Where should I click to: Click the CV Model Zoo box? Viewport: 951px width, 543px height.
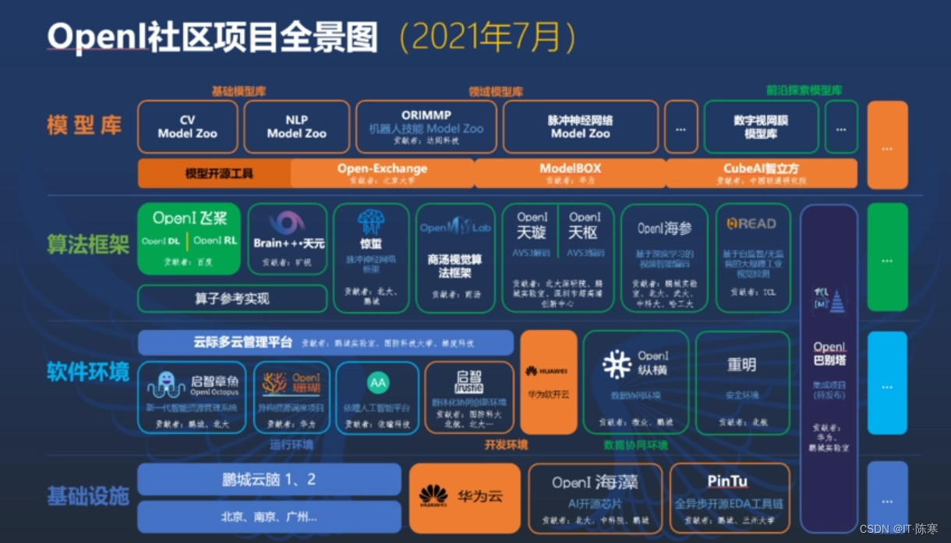click(x=187, y=126)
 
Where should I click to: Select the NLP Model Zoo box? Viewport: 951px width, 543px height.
click(x=296, y=126)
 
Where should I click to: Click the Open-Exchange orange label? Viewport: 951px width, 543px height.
click(x=382, y=169)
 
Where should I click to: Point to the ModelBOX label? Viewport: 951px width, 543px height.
click(x=570, y=169)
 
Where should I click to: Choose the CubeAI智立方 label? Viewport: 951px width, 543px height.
click(x=761, y=169)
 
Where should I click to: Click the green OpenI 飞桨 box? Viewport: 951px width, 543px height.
click(x=189, y=238)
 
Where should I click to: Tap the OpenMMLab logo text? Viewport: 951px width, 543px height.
click(x=455, y=228)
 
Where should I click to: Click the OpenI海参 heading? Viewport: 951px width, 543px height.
click(x=664, y=228)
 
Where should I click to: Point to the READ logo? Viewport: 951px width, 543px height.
click(x=751, y=224)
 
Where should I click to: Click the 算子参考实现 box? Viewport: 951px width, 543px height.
click(x=232, y=298)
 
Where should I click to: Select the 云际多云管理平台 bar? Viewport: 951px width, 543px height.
click(x=325, y=342)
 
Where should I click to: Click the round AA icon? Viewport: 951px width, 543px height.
click(x=377, y=383)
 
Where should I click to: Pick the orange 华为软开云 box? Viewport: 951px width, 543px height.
click(x=548, y=382)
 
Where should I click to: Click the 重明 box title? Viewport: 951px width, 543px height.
click(x=741, y=365)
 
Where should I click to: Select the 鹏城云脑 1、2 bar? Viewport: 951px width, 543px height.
click(x=269, y=480)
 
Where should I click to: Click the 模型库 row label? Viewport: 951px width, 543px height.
click(x=84, y=125)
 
